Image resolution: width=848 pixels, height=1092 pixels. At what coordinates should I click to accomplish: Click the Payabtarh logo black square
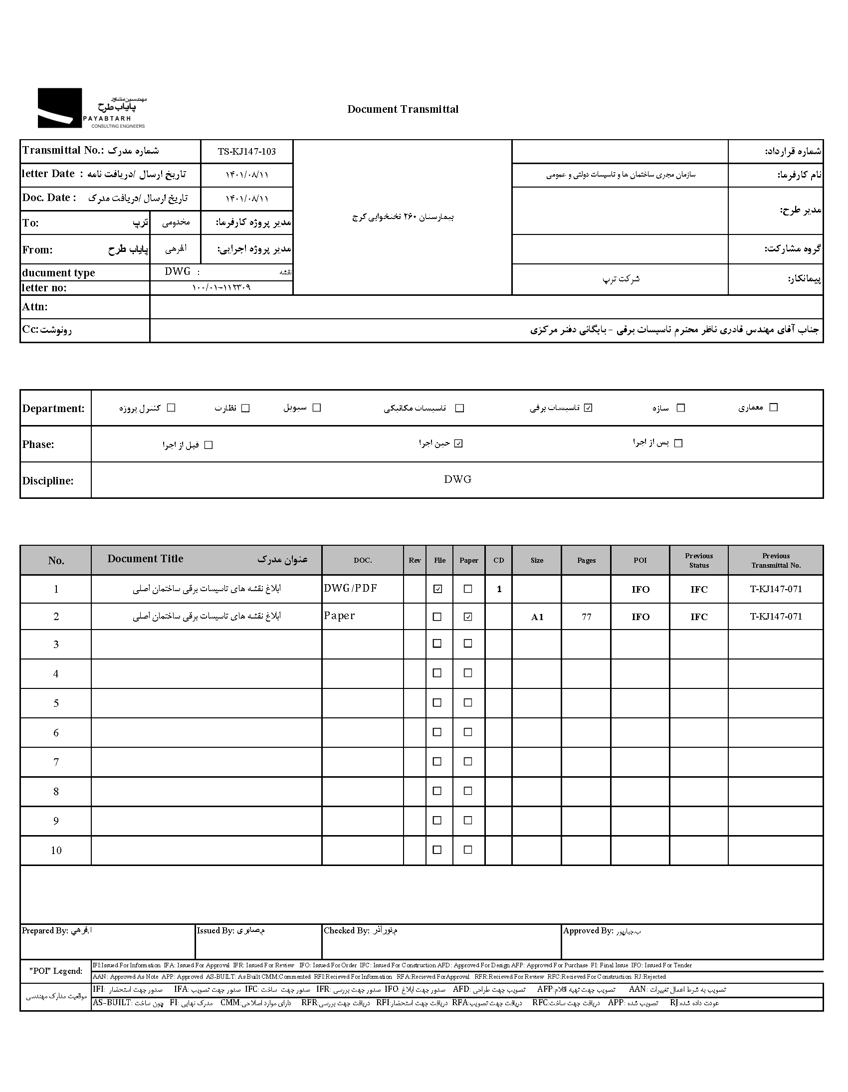pyautogui.click(x=59, y=107)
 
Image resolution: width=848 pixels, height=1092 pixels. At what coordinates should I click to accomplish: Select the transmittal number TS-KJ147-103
pyautogui.click(x=246, y=152)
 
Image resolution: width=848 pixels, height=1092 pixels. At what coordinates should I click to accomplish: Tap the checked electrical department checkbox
pyautogui.click(x=588, y=408)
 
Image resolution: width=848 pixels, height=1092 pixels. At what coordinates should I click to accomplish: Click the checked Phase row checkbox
pyautogui.click(x=458, y=443)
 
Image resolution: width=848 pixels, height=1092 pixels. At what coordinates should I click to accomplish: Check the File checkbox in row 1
pyautogui.click(x=437, y=589)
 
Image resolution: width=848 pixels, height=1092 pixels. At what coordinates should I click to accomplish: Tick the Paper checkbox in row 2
pyautogui.click(x=467, y=617)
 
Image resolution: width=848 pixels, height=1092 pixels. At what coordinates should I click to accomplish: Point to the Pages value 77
pyautogui.click(x=586, y=617)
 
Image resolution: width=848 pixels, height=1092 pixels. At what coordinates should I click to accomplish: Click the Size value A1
pyautogui.click(x=537, y=617)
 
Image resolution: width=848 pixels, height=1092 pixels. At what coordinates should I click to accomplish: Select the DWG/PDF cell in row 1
pyautogui.click(x=351, y=588)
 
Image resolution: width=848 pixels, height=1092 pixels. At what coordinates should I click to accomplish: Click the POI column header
pyautogui.click(x=640, y=560)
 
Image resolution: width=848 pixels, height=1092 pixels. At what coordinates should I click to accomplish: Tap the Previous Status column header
pyautogui.click(x=698, y=561)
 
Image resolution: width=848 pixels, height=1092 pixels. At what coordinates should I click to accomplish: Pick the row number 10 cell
pyautogui.click(x=56, y=850)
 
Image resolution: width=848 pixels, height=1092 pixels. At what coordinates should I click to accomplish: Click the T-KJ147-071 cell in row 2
pyautogui.click(x=776, y=617)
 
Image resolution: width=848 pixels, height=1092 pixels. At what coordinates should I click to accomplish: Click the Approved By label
pyautogui.click(x=588, y=930)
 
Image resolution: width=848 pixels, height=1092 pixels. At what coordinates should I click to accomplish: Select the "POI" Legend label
pyautogui.click(x=55, y=971)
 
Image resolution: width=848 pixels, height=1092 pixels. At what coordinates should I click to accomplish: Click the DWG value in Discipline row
pyautogui.click(x=457, y=479)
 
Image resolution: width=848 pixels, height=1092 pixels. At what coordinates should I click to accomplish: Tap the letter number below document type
pyautogui.click(x=221, y=287)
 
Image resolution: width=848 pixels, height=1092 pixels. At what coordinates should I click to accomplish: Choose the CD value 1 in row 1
pyautogui.click(x=498, y=589)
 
